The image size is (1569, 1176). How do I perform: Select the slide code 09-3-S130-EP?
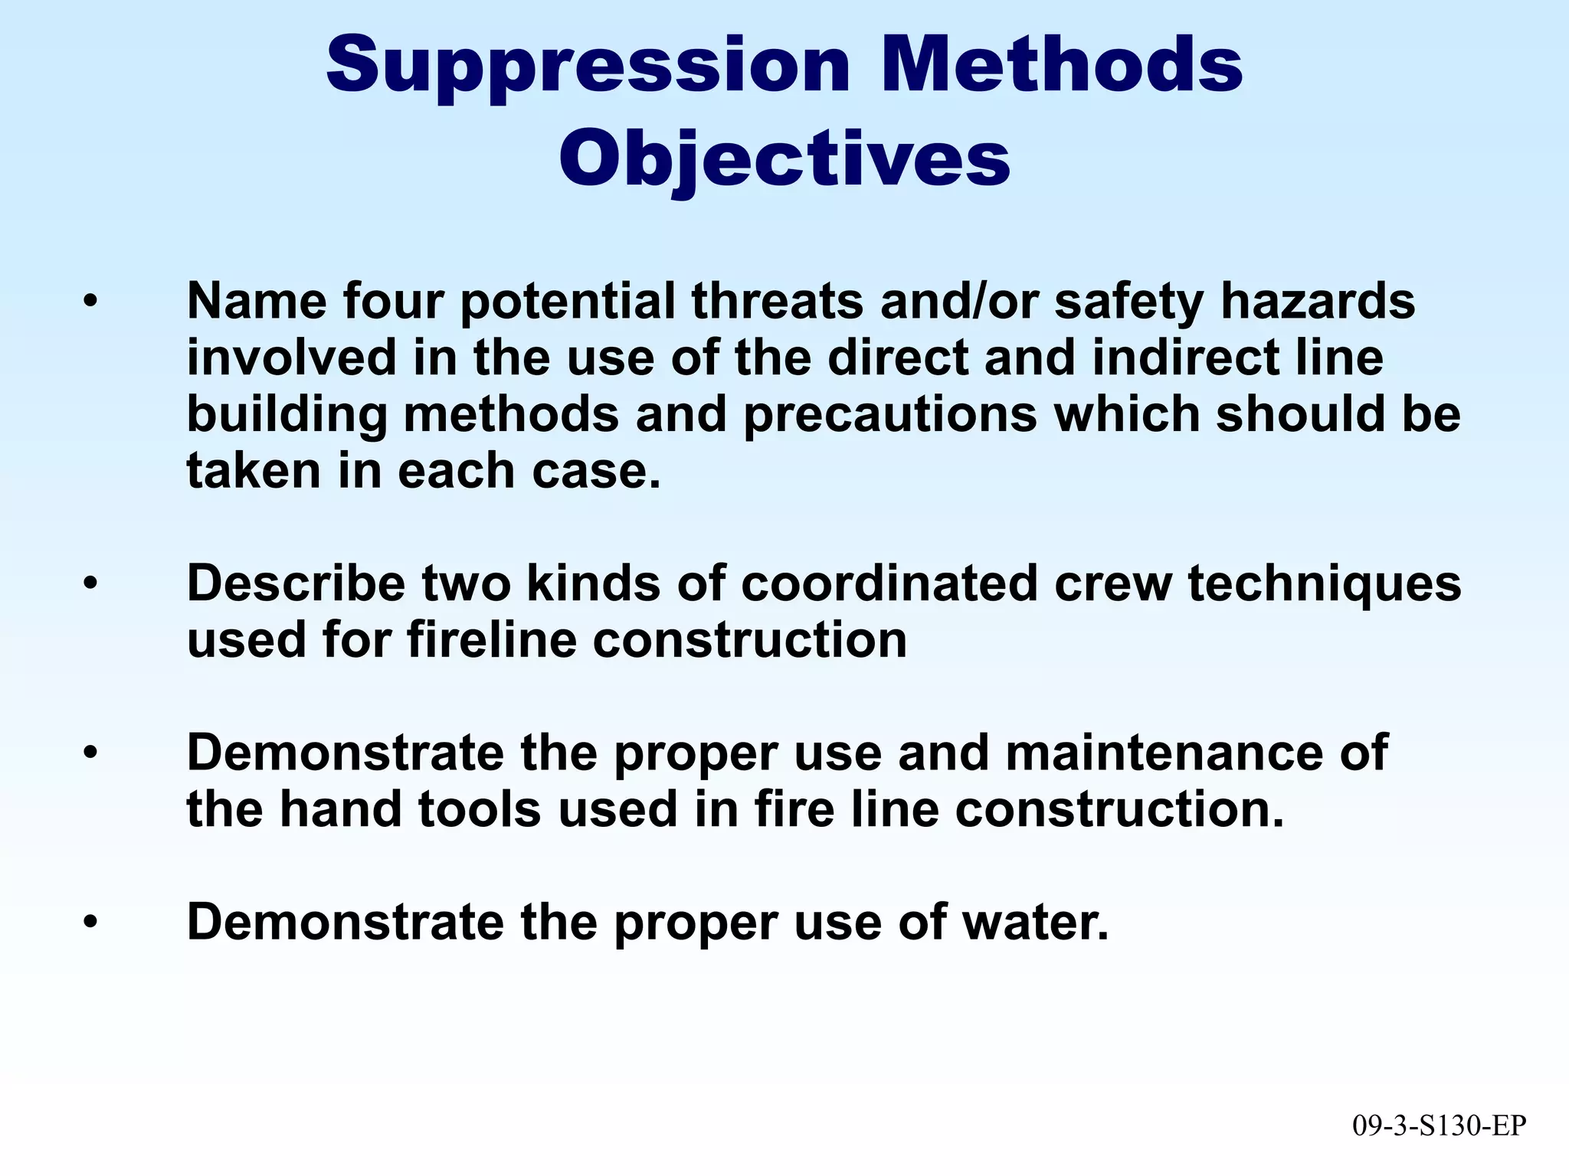click(x=1439, y=1125)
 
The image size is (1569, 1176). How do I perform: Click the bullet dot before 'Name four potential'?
click(x=91, y=302)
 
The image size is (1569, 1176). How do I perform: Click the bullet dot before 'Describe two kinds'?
click(x=91, y=584)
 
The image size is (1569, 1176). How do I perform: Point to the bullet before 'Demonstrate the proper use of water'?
click(x=91, y=923)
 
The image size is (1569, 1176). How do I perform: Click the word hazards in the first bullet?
click(x=1318, y=300)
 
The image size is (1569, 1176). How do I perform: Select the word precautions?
click(x=890, y=414)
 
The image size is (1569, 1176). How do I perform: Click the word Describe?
click(x=296, y=583)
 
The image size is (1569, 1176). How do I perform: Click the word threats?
click(x=777, y=300)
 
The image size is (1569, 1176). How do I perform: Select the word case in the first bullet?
click(x=596, y=470)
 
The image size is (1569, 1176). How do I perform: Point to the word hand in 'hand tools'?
click(x=340, y=809)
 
